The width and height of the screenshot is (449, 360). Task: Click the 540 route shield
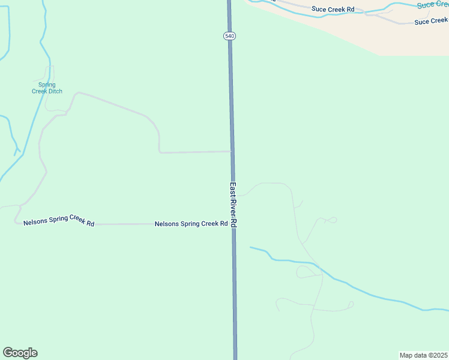coord(229,36)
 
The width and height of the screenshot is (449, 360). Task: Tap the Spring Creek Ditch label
coord(43,88)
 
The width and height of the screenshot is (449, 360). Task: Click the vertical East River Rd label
coord(233,205)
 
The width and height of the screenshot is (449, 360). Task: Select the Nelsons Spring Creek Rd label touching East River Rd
coord(191,224)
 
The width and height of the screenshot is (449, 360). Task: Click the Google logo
coord(20,353)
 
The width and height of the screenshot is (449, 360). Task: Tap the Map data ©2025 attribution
coord(424,355)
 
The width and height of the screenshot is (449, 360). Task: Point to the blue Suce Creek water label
coord(433,4)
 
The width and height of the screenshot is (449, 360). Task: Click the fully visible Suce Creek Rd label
coord(333,9)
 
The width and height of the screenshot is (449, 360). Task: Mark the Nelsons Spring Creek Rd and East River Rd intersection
coord(234,224)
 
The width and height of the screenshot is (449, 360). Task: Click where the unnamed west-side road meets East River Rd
coord(232,151)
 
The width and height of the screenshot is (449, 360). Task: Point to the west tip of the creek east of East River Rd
coord(251,247)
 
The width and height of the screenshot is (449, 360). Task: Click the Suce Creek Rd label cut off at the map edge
coord(431,21)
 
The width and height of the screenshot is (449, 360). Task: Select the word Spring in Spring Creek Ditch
coord(43,85)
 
